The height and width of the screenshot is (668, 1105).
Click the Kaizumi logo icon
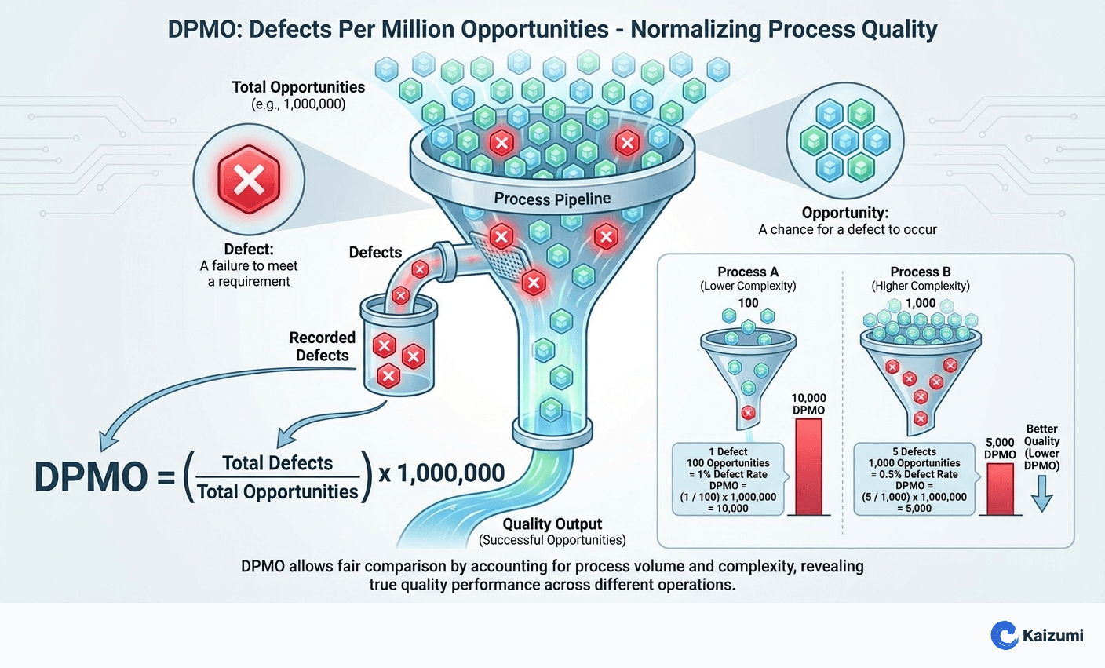[1004, 635]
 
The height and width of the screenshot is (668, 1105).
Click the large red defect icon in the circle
[249, 179]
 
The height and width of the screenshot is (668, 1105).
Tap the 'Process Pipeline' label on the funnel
[552, 199]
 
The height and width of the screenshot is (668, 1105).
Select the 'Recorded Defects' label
[322, 346]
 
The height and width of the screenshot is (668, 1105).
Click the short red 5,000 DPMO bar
[1000, 488]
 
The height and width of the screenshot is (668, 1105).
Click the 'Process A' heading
[748, 272]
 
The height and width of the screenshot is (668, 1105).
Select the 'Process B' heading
[921, 272]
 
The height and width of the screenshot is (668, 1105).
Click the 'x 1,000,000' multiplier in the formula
[441, 473]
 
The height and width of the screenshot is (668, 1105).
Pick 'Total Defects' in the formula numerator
[277, 463]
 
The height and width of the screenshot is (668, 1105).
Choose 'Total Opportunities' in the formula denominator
[277, 492]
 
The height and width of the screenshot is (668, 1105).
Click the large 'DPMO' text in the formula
[91, 476]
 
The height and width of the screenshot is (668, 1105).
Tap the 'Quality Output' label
[552, 524]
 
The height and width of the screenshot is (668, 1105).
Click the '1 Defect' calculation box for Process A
[728, 480]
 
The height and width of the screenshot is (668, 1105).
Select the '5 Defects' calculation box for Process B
[914, 480]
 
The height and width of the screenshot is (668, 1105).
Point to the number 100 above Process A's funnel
[748, 303]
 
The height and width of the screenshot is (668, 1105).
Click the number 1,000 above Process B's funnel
[920, 303]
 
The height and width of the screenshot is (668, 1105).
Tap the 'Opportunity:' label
[844, 213]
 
